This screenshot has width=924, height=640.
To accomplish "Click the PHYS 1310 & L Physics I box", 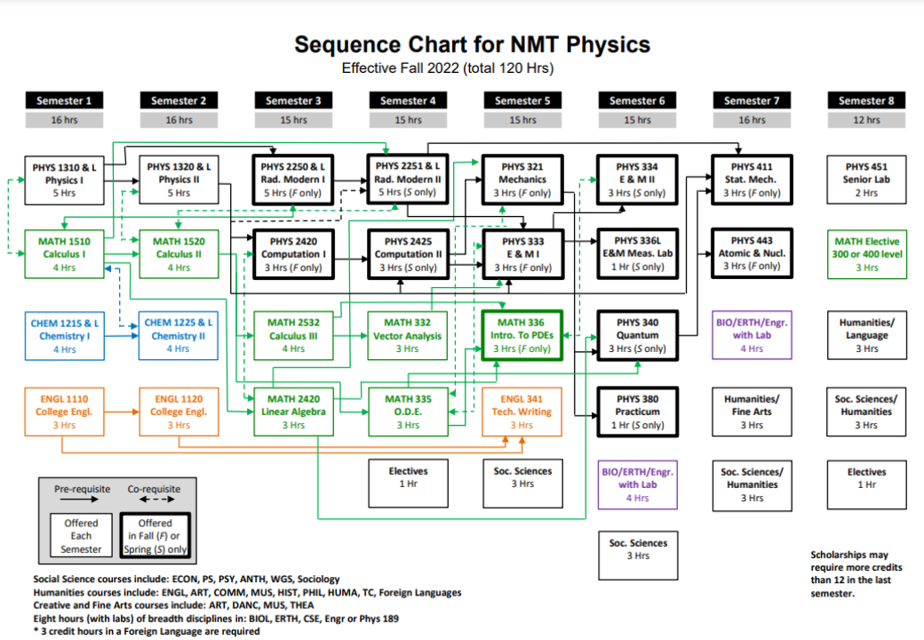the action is coord(64,180).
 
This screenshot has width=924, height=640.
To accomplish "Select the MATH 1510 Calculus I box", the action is coord(64,254).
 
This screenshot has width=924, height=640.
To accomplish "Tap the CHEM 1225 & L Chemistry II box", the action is coord(179,336).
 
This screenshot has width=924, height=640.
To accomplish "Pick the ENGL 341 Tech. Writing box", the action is coord(522,412).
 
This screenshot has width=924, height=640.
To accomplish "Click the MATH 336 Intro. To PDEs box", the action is coord(522,335).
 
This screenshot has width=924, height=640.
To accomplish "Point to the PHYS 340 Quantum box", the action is coord(638,335).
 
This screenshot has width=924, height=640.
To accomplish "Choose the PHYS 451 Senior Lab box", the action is coord(866,180).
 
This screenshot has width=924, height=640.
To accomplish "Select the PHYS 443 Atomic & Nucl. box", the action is coord(752,253).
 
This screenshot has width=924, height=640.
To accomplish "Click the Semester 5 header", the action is coord(522,100).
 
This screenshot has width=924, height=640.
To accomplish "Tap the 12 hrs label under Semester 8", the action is coord(866,120).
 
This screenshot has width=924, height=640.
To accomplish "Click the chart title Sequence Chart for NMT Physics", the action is coord(472,44).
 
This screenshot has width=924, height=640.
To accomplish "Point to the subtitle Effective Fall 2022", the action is coord(400,68).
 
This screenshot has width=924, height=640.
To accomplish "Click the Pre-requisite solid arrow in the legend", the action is coord(80,500).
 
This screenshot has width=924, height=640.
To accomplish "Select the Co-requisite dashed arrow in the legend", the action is coord(156,500).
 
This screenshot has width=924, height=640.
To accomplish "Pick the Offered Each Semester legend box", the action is coord(81,536).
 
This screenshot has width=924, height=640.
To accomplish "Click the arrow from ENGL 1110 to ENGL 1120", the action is coord(122,412).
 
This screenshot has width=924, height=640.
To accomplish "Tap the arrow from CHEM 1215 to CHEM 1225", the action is coord(122,336).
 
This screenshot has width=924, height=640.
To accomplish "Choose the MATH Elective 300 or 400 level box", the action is coord(866,254).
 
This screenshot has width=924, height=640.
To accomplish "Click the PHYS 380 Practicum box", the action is coord(638,412).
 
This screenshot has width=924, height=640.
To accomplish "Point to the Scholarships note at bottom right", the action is coord(856,574).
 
